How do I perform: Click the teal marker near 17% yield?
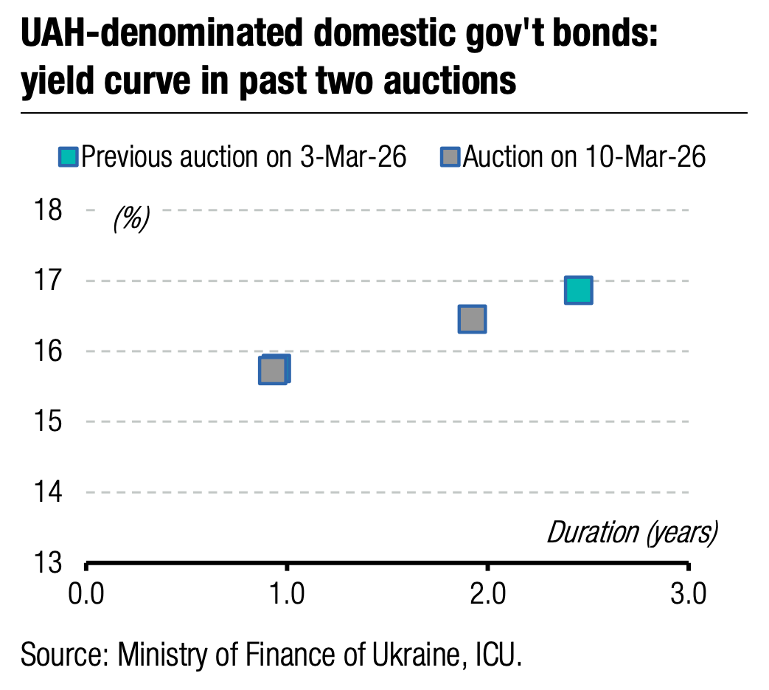[578, 290]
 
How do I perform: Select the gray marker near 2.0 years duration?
[472, 319]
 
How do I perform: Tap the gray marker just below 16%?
[273, 370]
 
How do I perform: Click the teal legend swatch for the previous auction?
[68, 157]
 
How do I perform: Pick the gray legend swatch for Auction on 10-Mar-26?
[450, 157]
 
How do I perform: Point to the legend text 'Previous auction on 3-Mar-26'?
[243, 157]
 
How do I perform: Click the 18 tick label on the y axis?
[49, 210]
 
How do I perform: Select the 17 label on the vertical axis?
[49, 281]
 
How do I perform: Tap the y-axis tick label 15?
[49, 421]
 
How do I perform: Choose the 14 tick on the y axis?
[49, 492]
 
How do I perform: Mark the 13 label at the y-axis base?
[49, 563]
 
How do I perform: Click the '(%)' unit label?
[131, 218]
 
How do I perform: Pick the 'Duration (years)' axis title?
[631, 532]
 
